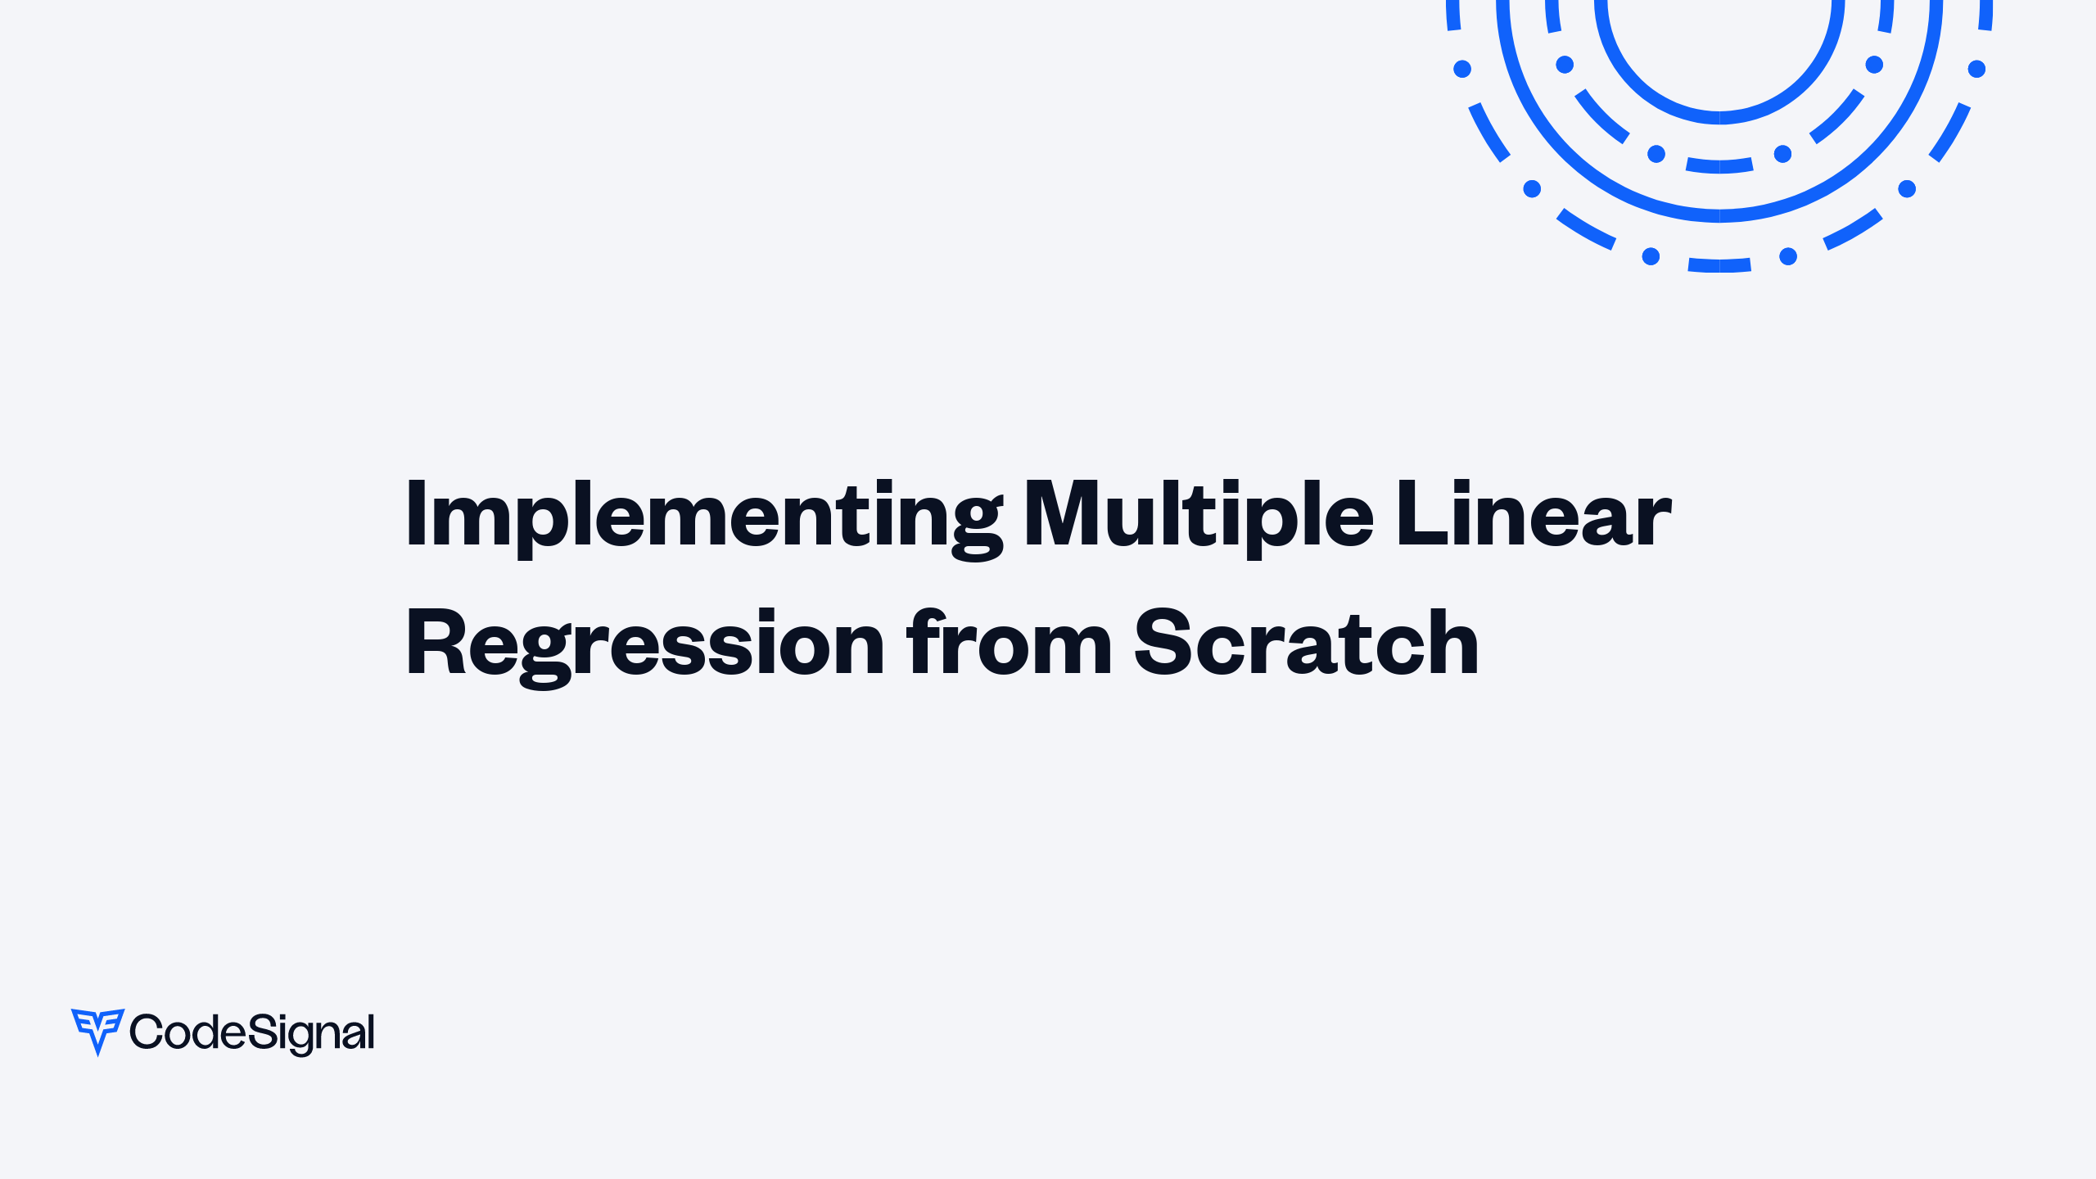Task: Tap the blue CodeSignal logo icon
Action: click(97, 1031)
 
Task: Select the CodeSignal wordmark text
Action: click(251, 1032)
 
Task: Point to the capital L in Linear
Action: click(1418, 513)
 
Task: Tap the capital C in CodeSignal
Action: click(147, 1032)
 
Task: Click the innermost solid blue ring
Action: click(1719, 117)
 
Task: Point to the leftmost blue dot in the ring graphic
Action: click(1462, 69)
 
